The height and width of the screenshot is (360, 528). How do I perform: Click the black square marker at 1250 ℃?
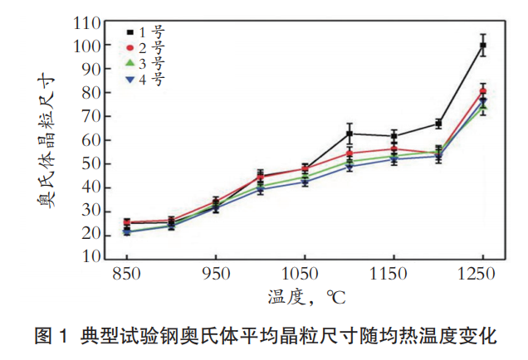pos(482,46)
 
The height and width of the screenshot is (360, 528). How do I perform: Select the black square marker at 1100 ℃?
pos(350,134)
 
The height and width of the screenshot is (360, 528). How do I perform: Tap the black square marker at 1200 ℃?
pos(438,124)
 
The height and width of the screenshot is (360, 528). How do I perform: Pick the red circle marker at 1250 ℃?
pos(482,91)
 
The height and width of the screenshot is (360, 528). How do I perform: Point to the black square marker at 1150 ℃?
pos(394,135)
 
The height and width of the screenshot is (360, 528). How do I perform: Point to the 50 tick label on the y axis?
pos(92,164)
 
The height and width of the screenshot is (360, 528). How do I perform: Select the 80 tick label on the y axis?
pos(92,94)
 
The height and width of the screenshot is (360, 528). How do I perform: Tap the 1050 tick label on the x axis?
pos(305,273)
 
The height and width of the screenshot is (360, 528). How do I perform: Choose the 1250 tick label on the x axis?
pos(482,273)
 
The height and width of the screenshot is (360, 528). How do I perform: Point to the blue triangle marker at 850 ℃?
pos(127,231)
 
